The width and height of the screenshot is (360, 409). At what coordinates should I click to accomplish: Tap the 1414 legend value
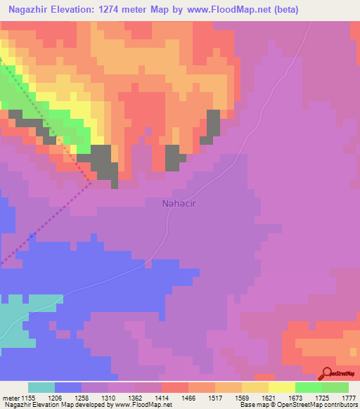pos(163,397)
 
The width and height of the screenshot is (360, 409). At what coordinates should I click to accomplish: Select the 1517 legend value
pos(217,397)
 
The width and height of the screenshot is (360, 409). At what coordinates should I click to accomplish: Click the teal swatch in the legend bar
pos(41,387)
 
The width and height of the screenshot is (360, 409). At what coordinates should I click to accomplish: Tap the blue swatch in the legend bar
pos(68,387)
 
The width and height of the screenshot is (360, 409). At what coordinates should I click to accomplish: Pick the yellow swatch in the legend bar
pos(281,387)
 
